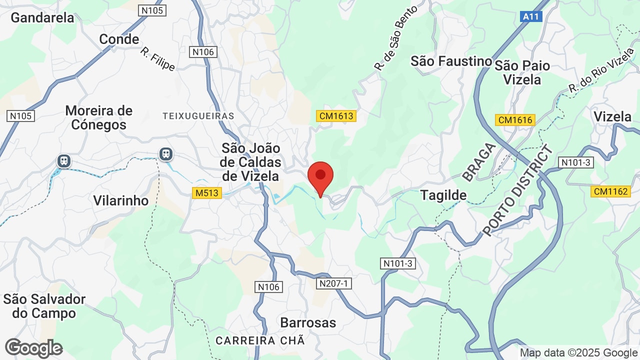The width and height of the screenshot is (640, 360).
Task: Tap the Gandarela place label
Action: tap(42, 17)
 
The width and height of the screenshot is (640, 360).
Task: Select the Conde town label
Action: tap(119, 39)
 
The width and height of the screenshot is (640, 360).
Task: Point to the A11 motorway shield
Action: tap(530, 16)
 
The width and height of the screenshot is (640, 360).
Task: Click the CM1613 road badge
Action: tap(336, 116)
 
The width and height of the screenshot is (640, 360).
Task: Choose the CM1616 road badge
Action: tap(515, 120)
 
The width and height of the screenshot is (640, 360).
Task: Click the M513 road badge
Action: tap(207, 192)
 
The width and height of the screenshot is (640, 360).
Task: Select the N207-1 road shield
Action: tap(334, 283)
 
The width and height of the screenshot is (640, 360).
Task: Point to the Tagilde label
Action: tap(443, 195)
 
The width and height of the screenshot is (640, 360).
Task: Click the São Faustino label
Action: tap(451, 61)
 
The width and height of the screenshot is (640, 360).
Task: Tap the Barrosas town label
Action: tap(308, 322)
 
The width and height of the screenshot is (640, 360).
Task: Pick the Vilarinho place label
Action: tap(121, 200)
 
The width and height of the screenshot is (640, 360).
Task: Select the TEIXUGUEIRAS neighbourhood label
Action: tap(198, 116)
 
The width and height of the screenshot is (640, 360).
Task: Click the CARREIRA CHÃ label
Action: tap(260, 340)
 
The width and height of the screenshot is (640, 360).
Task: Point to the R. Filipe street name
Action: tap(157, 59)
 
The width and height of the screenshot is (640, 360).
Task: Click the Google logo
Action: tap(33, 348)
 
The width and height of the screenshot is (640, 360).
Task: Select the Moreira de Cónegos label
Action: tap(99, 117)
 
